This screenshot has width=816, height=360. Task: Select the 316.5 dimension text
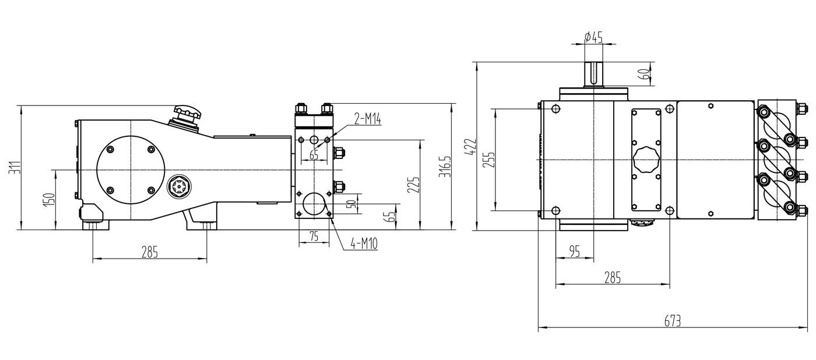(x=445, y=167)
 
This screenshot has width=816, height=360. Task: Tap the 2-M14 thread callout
(x=368, y=119)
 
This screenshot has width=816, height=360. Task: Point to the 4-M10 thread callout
(x=364, y=243)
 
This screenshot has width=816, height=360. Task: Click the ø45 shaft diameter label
(x=593, y=37)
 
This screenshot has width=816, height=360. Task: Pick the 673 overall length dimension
(x=673, y=321)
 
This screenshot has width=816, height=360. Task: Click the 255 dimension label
(x=489, y=160)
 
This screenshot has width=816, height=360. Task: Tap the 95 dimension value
(x=574, y=251)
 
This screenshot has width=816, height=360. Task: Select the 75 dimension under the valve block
(x=314, y=237)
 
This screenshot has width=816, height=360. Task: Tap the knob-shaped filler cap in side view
(x=187, y=116)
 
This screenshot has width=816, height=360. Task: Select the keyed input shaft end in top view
(x=594, y=74)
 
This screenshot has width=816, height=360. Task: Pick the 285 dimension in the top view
(x=613, y=278)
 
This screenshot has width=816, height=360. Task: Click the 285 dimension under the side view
(x=150, y=252)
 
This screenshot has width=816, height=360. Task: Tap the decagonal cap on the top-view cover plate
(x=646, y=160)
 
